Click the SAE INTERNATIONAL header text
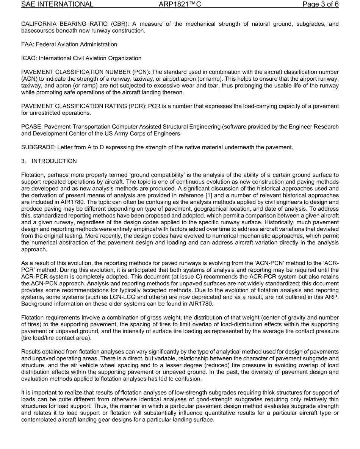click(x=57, y=5)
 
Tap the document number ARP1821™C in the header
click(x=180, y=5)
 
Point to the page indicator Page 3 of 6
click(x=320, y=5)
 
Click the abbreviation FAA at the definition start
click(x=27, y=44)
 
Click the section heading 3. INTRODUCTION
click(x=49, y=161)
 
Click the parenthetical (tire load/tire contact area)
click(x=56, y=338)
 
